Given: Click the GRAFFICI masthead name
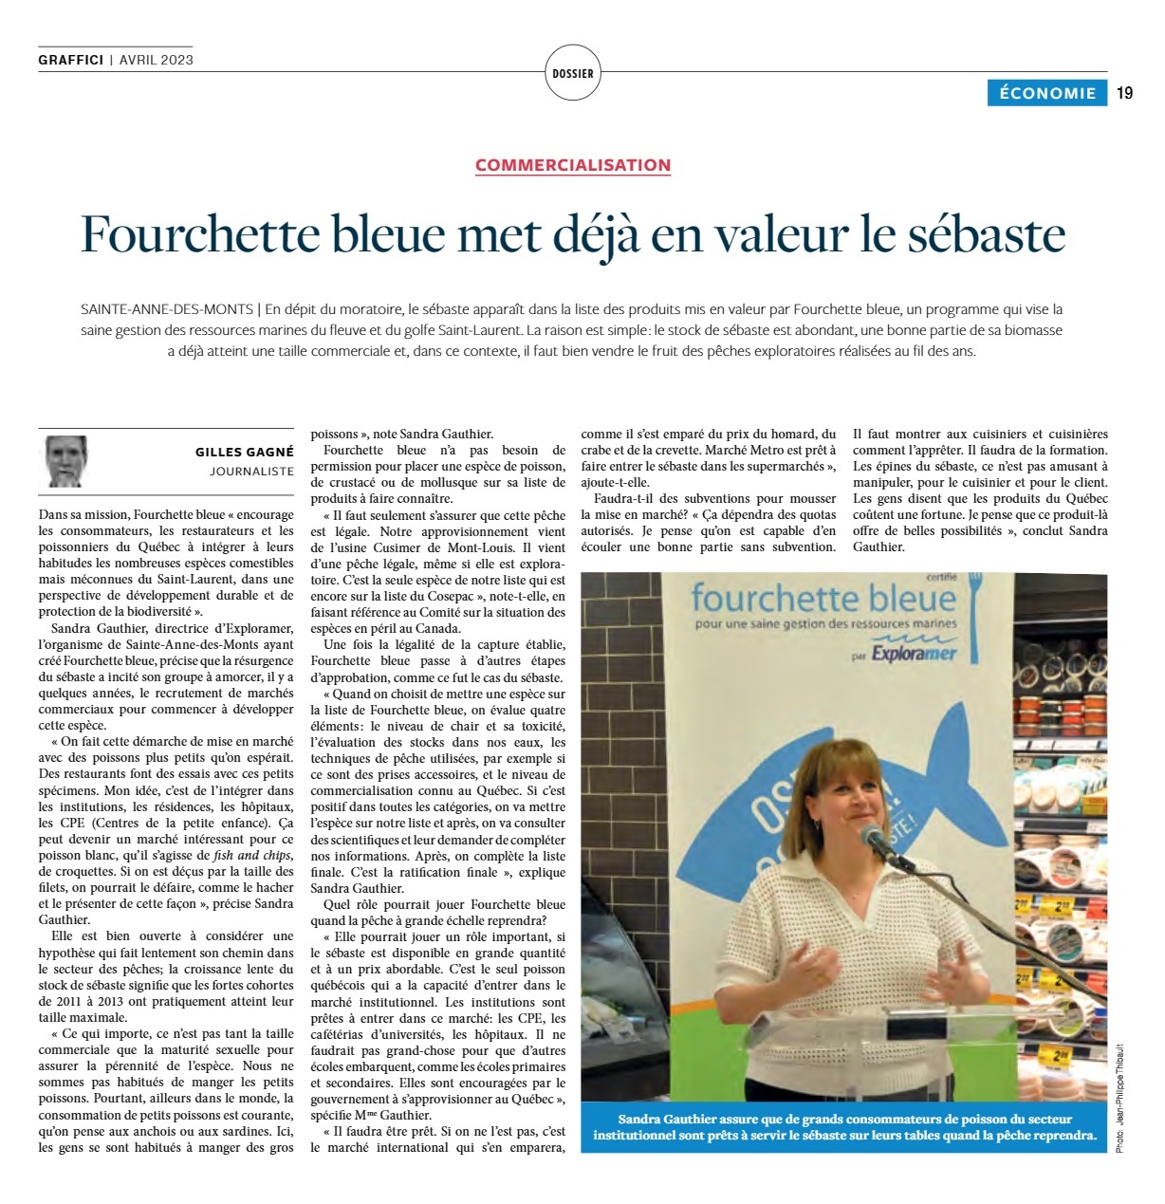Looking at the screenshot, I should click(x=70, y=60).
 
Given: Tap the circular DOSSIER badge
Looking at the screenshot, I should click(x=573, y=73).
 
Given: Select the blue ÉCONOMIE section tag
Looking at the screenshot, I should click(x=1046, y=93).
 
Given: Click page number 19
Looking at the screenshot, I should click(x=1124, y=93).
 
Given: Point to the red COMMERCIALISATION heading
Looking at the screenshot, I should click(x=573, y=165).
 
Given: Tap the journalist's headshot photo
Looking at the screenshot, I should click(x=66, y=461).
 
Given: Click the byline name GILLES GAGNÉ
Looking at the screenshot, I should click(x=245, y=453).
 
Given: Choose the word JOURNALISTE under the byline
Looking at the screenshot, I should click(x=251, y=472).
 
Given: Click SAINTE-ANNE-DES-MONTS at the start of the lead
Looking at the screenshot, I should click(x=166, y=309).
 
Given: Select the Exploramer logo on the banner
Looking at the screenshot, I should click(x=914, y=654).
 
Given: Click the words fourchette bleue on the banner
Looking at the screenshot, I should click(x=823, y=598).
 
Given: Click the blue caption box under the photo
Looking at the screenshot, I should click(x=843, y=1127).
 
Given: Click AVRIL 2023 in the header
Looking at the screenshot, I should click(x=157, y=60).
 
